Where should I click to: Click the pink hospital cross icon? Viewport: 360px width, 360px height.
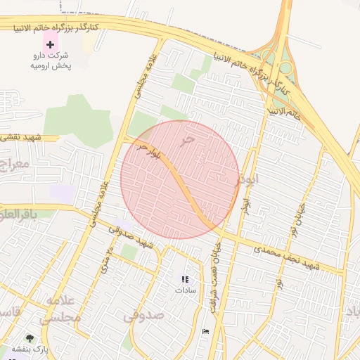(50, 44)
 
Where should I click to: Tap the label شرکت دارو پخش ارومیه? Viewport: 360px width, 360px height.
(50, 60)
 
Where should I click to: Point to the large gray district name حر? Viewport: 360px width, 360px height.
(186, 141)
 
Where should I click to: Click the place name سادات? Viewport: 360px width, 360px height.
(186, 289)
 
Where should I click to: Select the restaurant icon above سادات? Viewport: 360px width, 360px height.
(185, 279)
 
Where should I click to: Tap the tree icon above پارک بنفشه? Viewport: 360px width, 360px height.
(30, 338)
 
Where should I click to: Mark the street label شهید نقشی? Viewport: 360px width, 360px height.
(21, 138)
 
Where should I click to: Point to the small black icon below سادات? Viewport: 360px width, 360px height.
(205, 331)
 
